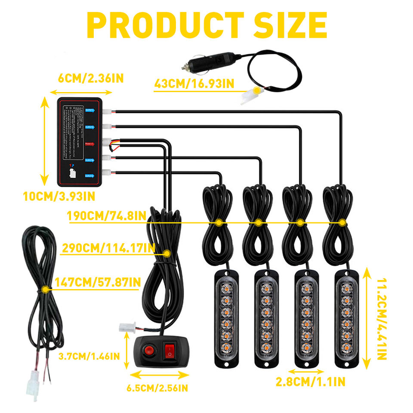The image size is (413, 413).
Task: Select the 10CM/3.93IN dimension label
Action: pos(59,196)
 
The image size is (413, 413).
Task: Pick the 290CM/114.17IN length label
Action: pos(108,248)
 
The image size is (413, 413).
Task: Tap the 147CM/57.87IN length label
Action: pos(98,282)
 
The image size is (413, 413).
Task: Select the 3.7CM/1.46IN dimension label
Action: pos(89,356)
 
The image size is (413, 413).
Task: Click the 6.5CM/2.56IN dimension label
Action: pos(157,388)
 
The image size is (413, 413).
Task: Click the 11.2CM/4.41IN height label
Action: pos(382,319)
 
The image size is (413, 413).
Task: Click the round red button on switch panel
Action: pos(149,349)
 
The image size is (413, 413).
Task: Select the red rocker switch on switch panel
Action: pos(170,351)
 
